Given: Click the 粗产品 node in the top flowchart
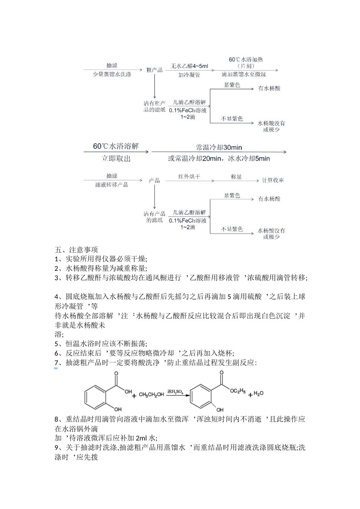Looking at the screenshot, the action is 154,70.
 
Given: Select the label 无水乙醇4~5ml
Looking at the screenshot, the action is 189,66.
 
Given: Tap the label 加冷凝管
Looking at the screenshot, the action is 189,75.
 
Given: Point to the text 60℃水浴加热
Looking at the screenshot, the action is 246,59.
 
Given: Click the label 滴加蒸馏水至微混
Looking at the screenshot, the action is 244,74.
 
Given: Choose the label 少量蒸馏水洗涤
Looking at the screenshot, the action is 112,74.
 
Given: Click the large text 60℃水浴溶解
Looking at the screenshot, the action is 116,146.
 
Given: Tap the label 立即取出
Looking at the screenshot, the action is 116,159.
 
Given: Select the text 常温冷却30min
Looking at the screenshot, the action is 219,147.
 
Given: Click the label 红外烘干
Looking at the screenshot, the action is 189,176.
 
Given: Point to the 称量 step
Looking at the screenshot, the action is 236,176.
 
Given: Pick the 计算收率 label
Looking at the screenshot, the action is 273,180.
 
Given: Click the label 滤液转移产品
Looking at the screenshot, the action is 112,185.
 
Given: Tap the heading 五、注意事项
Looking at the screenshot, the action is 76,250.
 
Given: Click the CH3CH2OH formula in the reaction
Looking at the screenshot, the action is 151,395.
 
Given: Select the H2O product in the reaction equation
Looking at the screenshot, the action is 258,394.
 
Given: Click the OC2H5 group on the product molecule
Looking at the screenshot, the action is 237,391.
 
